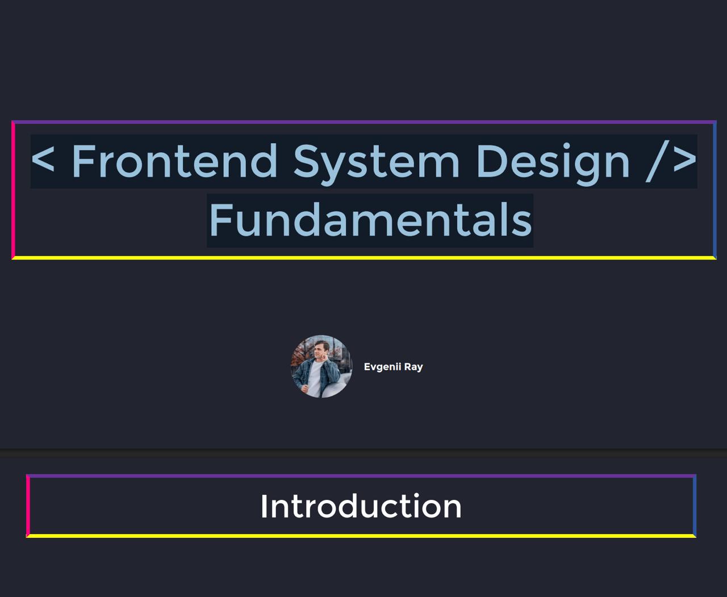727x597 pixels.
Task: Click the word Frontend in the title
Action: click(175, 161)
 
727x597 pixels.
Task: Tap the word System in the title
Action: click(377, 164)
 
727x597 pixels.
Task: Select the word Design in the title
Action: click(553, 164)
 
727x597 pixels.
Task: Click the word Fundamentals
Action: click(370, 220)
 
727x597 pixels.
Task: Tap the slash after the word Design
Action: click(657, 161)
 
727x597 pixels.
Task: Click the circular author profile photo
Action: click(321, 366)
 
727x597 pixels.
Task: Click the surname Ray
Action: click(413, 368)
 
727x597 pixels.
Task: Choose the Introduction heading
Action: click(361, 506)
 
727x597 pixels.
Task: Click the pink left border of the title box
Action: click(13, 190)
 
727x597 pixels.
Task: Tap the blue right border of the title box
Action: click(715, 190)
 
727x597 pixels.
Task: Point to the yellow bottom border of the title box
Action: click(364, 257)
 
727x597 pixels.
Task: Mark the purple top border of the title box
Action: click(364, 122)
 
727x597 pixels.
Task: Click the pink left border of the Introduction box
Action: click(28, 506)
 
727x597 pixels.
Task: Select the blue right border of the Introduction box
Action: click(694, 506)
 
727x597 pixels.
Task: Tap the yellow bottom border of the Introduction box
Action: click(361, 536)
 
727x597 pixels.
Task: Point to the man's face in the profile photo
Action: click(319, 351)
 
